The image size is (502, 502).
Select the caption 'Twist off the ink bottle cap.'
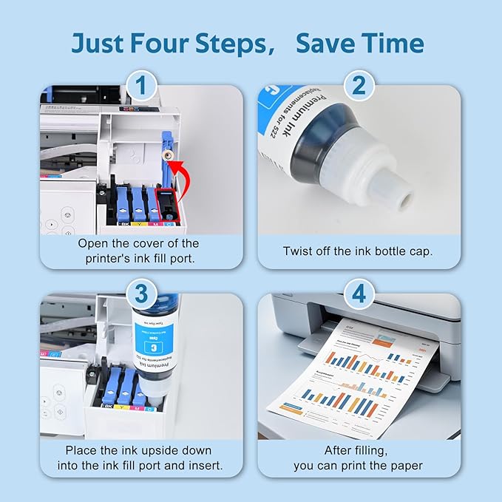coord(358,251)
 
